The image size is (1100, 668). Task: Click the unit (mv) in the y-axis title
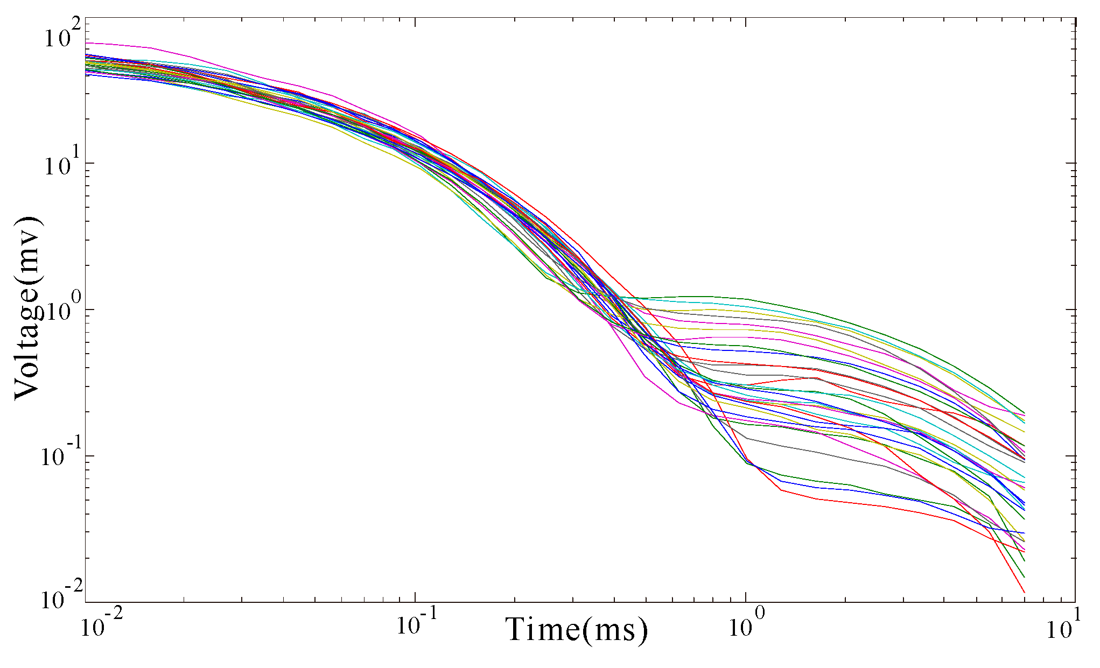(27, 245)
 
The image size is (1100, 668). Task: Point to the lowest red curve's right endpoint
(1024, 593)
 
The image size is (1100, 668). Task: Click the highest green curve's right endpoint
(1024, 413)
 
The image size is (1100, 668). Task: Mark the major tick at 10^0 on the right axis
(1071, 310)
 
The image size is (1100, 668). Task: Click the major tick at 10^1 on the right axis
(1071, 163)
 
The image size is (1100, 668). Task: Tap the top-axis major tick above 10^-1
(415, 22)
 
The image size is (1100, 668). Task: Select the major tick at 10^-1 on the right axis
(1071, 456)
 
